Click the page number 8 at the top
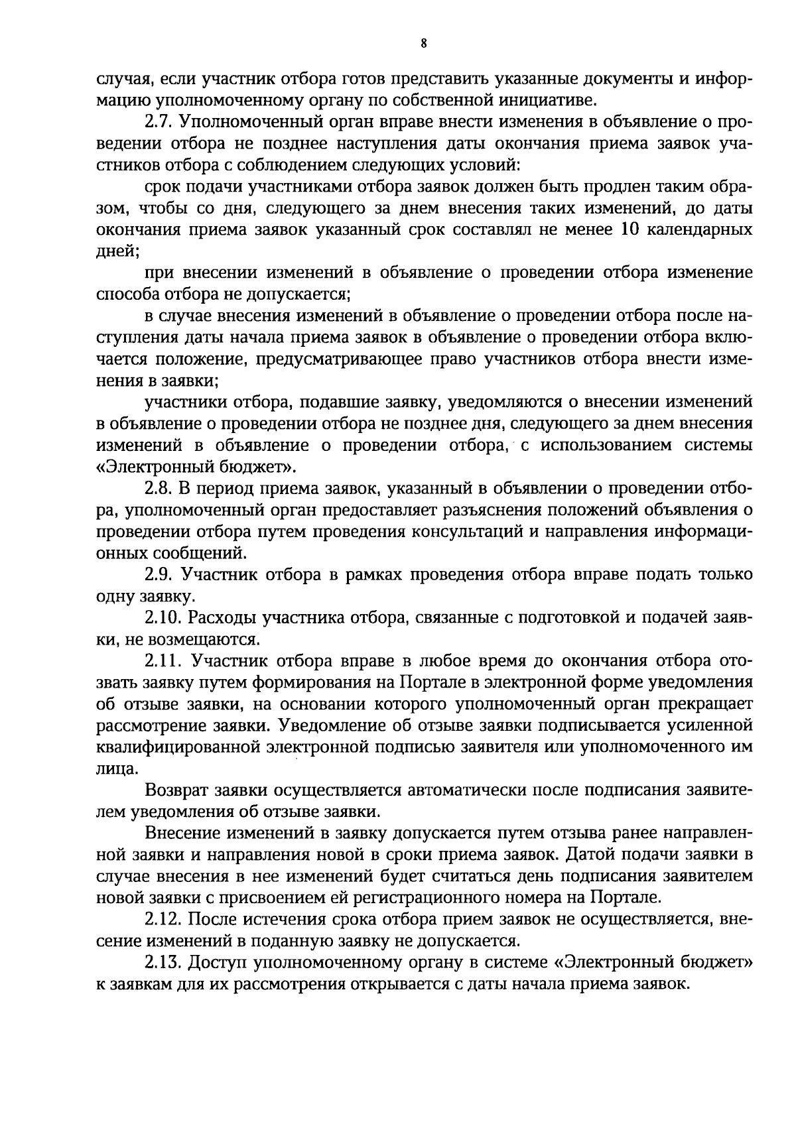[424, 44]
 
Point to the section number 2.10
[162, 617]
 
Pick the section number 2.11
[162, 660]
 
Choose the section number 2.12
[162, 919]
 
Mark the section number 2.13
[162, 962]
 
